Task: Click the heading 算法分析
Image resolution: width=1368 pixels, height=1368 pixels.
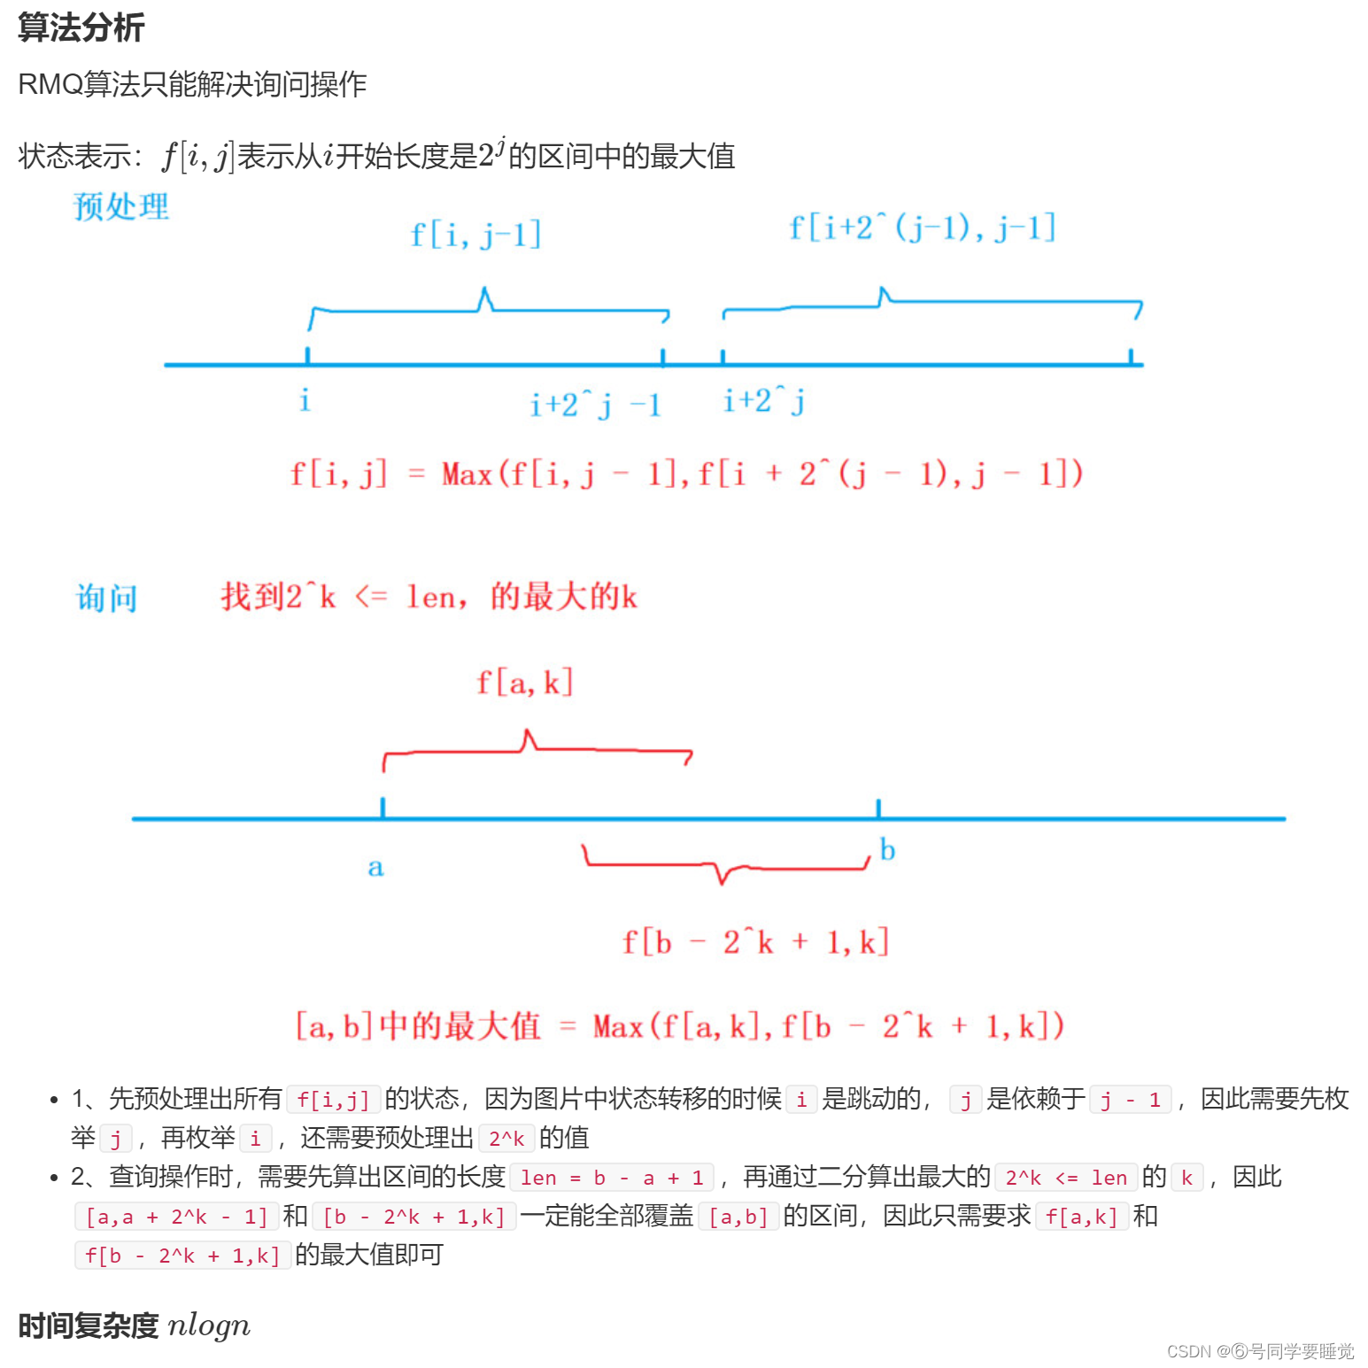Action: tap(81, 27)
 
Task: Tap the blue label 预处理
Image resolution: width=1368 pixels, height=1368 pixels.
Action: tap(121, 207)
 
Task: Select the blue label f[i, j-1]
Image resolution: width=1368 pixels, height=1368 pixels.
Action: tap(475, 235)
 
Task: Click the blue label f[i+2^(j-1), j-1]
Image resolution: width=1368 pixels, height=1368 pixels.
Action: tap(922, 228)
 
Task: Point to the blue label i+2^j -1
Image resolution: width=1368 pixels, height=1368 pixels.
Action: tap(595, 405)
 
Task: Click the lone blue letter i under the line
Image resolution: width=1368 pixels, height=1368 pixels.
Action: tap(305, 400)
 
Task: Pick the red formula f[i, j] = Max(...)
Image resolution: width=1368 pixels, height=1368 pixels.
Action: tap(686, 474)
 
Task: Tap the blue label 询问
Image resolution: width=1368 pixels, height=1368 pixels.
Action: tap(107, 599)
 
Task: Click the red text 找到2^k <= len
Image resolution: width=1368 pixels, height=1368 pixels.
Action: tap(429, 597)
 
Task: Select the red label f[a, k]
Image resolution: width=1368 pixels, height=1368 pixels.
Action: tap(525, 683)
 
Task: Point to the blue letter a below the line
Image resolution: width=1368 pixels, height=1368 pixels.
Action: tap(375, 867)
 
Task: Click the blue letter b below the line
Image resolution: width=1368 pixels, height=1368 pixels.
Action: tap(887, 850)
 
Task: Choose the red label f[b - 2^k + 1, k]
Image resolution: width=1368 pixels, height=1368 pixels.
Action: tap(755, 941)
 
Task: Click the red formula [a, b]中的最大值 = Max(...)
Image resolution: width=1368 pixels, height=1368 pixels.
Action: tap(679, 1026)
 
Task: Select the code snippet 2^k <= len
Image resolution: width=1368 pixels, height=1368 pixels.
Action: tap(1066, 1178)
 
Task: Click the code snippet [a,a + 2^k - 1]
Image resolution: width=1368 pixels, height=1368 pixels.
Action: tap(177, 1217)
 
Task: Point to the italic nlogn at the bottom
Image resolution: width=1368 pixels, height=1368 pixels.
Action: tap(209, 1325)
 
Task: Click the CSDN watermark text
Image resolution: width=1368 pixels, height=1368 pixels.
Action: tap(1260, 1351)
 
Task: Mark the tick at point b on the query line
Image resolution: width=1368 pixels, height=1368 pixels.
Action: tap(878, 808)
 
